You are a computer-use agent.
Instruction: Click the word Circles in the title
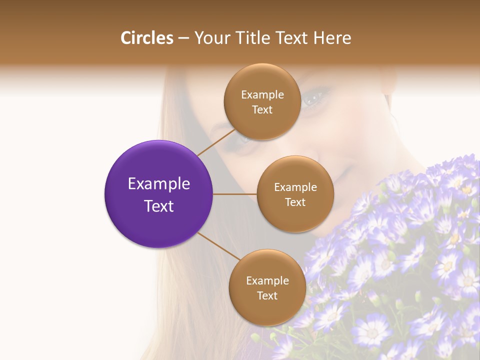click(x=147, y=38)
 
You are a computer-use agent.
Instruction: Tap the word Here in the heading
click(x=332, y=38)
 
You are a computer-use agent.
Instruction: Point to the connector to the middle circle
click(x=235, y=194)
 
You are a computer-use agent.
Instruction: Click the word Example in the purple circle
click(x=159, y=184)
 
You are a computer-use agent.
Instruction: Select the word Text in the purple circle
click(x=159, y=206)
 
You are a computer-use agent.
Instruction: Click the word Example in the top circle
click(x=262, y=95)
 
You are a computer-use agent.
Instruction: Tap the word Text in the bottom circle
click(x=267, y=296)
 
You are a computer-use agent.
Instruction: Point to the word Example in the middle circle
click(x=295, y=187)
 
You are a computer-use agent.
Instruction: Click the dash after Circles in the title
click(x=183, y=38)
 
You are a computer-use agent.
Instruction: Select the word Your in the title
click(x=209, y=38)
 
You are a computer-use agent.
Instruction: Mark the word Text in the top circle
click(x=262, y=110)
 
